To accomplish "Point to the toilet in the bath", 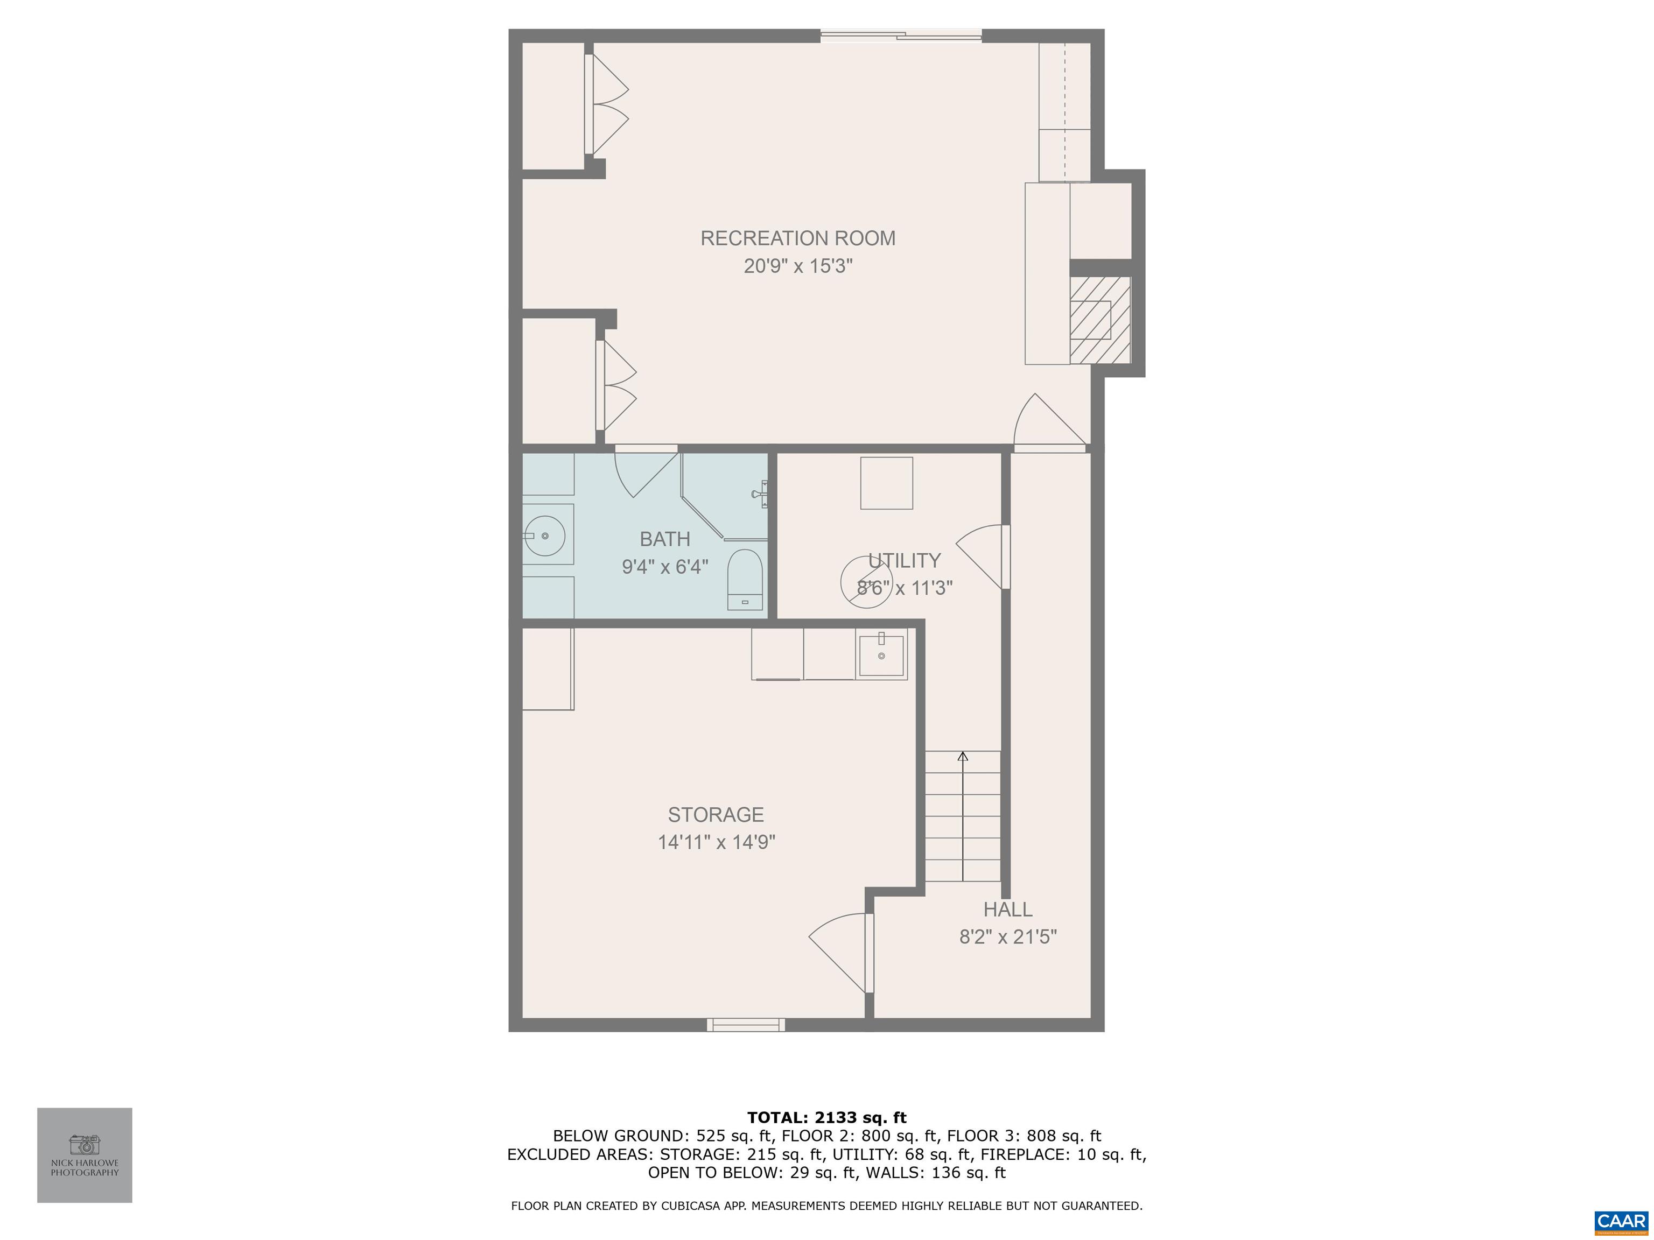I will coord(744,580).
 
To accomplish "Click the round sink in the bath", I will coord(544,536).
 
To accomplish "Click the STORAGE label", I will coord(716,815).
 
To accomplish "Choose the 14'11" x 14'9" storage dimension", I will coord(716,842).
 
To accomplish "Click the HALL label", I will coord(1007,910).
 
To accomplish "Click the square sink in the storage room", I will coord(881,655).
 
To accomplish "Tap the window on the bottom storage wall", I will coord(746,1025).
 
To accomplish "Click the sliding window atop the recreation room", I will coord(900,34).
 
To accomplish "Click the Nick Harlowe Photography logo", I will coord(85,1155).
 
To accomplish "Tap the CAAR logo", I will coord(1621,1221).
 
